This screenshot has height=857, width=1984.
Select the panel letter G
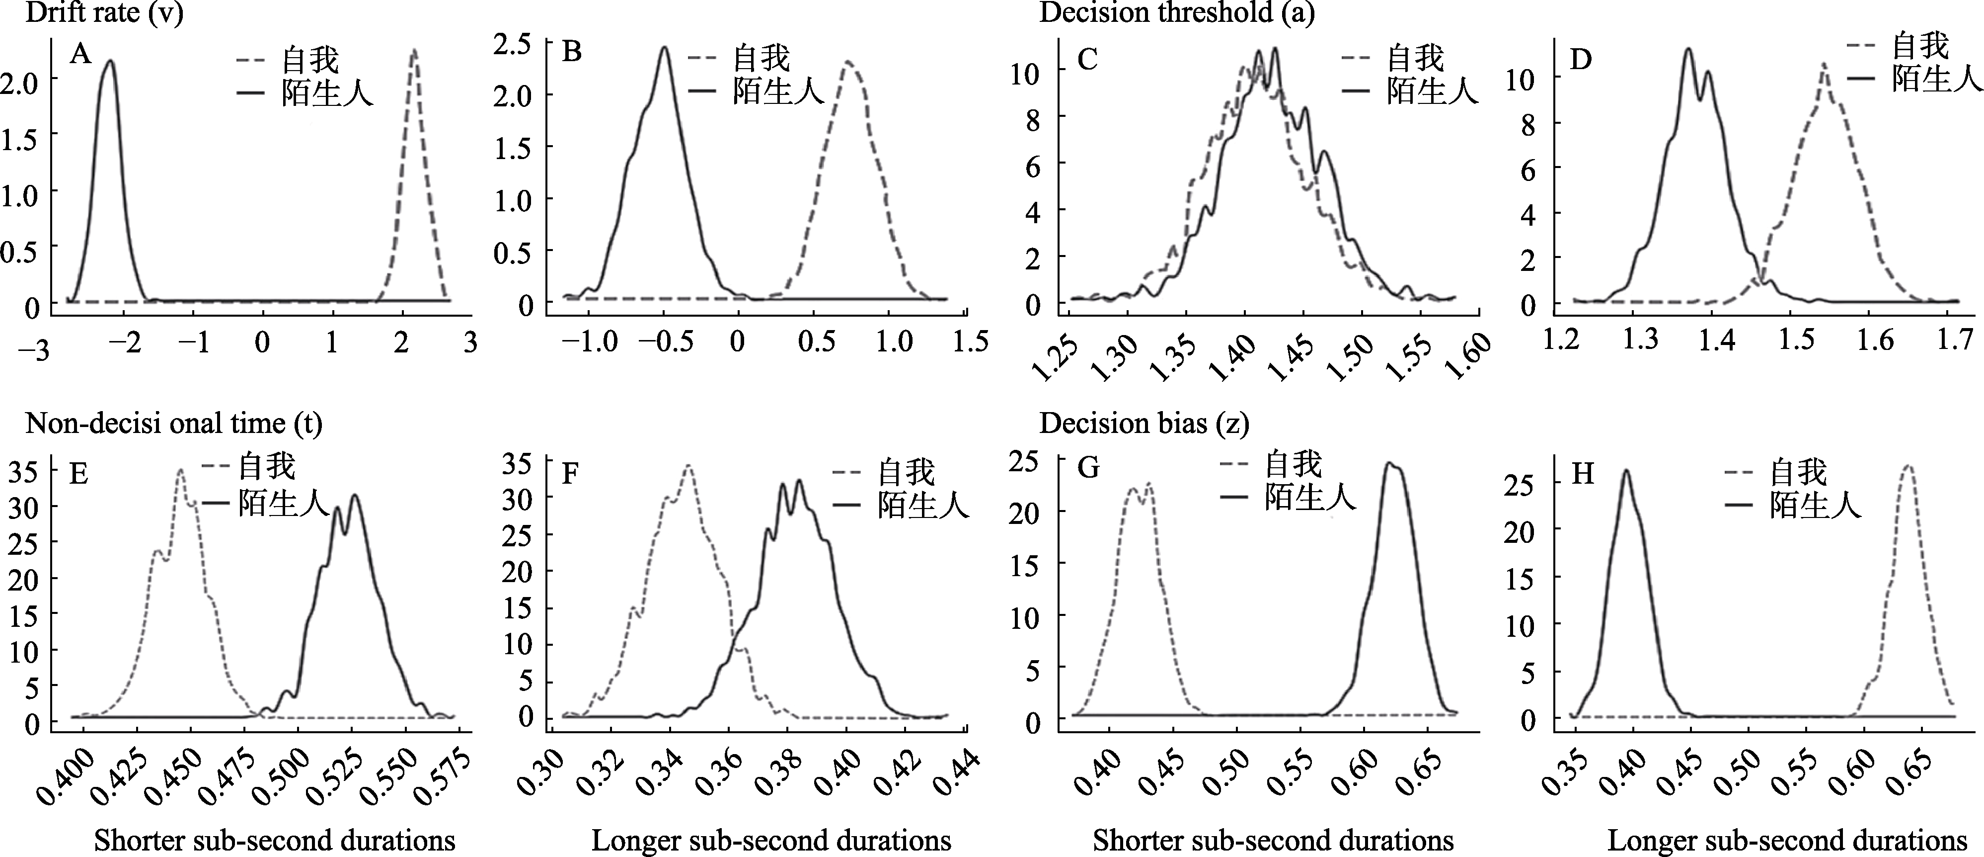coord(1087,469)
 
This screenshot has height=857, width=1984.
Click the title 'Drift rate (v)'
coord(105,14)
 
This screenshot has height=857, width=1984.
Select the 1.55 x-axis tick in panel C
coord(1413,356)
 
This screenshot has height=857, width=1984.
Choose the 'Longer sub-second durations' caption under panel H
coord(1787,840)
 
